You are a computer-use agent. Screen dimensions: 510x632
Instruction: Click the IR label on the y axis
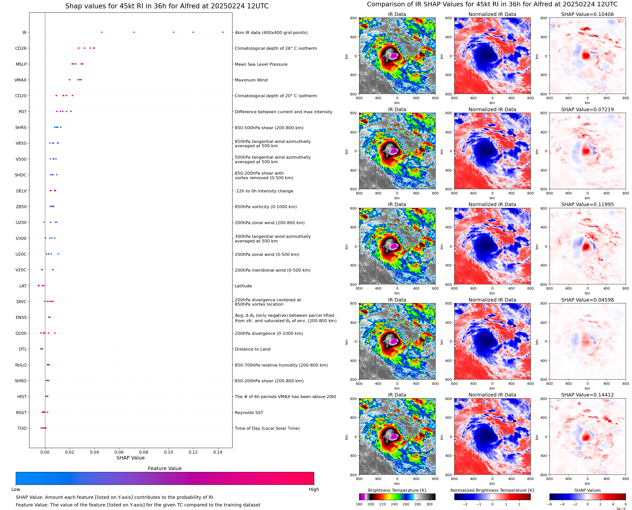24,32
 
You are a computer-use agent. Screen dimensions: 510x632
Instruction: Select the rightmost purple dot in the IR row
223,32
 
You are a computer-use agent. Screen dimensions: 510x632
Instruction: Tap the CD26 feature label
21,48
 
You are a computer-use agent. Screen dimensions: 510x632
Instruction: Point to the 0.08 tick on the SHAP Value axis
144,452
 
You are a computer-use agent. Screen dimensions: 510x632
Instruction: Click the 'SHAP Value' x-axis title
130,458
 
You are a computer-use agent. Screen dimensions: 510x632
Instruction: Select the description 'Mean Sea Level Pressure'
261,64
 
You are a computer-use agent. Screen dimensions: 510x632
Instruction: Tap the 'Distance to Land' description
252,349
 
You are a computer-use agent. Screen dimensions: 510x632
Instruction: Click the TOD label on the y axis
22,428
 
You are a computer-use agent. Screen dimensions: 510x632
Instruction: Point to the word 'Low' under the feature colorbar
15,489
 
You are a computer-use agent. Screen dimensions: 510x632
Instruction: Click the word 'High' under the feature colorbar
314,489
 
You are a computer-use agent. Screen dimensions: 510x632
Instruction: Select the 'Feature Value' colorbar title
165,468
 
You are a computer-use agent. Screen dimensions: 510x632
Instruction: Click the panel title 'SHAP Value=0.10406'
587,14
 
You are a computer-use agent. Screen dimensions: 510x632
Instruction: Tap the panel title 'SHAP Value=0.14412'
587,395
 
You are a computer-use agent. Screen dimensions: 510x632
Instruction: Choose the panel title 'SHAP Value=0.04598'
587,300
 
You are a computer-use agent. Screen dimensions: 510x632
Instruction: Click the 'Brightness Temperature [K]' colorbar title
397,490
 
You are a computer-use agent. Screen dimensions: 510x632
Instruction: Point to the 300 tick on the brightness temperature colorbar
429,504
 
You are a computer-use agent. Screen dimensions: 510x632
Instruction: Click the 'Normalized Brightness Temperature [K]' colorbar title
492,490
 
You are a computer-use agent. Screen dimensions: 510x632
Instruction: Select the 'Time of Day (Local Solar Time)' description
267,428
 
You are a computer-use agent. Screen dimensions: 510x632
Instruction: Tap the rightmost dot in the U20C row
58,254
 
